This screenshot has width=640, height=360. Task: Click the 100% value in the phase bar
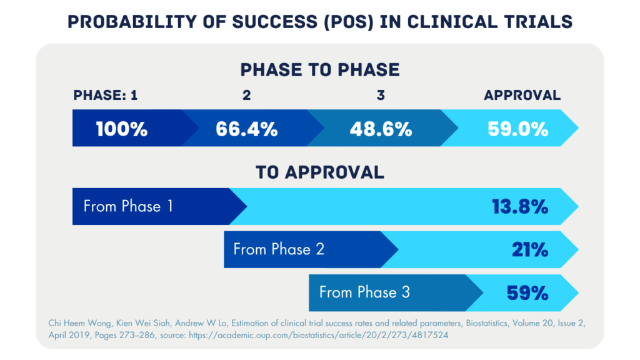click(122, 129)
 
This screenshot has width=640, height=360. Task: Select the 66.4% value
click(246, 129)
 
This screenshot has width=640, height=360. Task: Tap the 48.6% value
click(381, 129)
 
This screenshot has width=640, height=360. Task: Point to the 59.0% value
click(517, 129)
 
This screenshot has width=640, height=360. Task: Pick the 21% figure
click(530, 250)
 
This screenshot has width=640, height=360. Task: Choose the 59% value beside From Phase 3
click(529, 292)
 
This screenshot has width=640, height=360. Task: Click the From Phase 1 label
click(128, 206)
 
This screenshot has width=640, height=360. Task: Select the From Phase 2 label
click(279, 249)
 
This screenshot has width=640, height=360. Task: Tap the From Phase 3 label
click(364, 292)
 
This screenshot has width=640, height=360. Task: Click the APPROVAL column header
click(522, 96)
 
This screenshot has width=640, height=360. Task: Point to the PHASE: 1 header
click(106, 96)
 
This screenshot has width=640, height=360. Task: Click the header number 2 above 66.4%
click(246, 96)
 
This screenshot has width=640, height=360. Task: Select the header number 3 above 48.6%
click(381, 96)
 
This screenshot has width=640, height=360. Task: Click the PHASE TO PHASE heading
click(320, 69)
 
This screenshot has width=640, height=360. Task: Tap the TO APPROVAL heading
click(320, 172)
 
